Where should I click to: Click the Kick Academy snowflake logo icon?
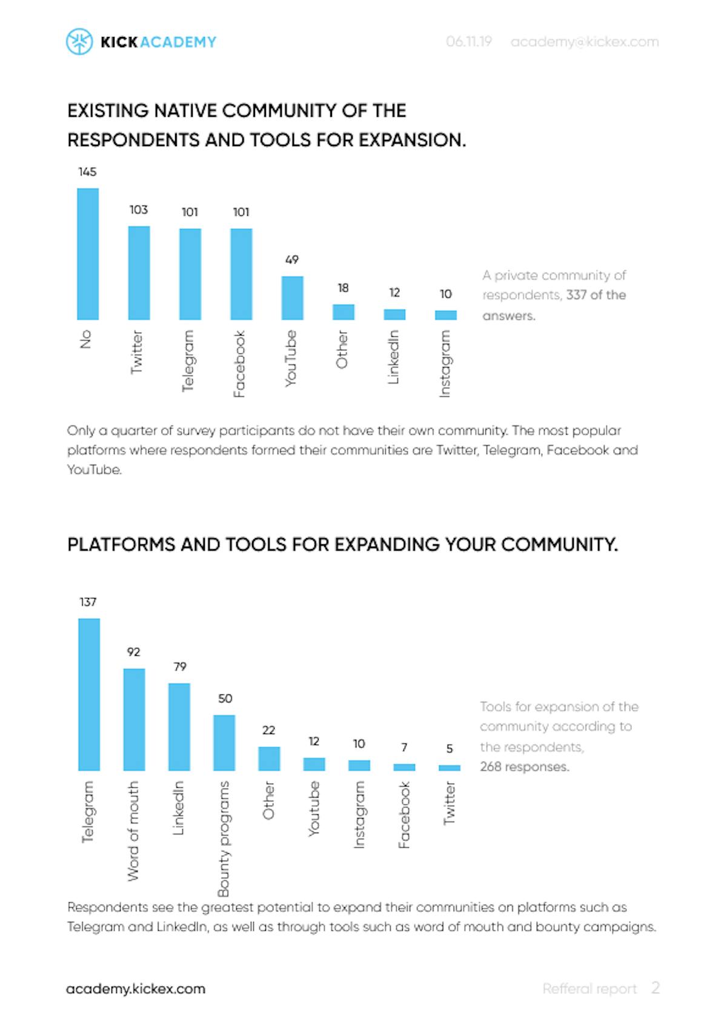[79, 42]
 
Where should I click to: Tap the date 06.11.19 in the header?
[469, 42]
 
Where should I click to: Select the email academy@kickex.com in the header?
[585, 42]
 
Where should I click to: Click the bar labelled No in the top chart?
[88, 254]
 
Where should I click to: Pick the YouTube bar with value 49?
[292, 298]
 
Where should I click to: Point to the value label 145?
[87, 172]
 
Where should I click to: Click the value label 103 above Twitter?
[139, 210]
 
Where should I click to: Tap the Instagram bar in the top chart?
[446, 315]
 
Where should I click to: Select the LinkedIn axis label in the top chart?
[394, 357]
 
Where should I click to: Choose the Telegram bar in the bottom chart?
[89, 694]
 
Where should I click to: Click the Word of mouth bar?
[134, 719]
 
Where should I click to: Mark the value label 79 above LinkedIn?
[180, 667]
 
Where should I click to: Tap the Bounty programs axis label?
[224, 839]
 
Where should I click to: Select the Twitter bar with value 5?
[449, 768]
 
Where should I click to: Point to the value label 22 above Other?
[268, 730]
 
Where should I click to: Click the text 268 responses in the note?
[525, 767]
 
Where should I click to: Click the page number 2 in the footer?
[655, 988]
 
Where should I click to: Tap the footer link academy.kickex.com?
[136, 989]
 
